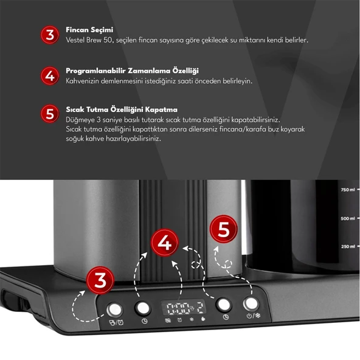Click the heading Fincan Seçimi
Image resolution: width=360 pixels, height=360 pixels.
pos(89,29)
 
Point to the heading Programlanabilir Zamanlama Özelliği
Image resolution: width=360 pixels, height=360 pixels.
pos(132,71)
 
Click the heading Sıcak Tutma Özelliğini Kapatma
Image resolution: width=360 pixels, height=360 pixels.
pos(122,109)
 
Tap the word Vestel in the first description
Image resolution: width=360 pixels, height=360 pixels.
pos(77,40)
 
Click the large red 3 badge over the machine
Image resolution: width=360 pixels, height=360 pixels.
pos(100,279)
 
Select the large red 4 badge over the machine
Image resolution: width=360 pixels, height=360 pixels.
pos(163,243)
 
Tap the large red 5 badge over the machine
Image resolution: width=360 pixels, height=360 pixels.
pos(223,230)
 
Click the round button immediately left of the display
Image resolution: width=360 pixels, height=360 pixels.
pos(143,307)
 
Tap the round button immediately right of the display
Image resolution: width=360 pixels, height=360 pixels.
pos(225,305)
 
